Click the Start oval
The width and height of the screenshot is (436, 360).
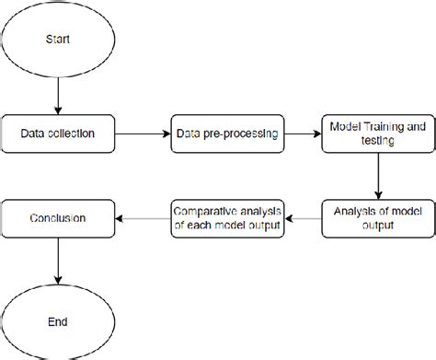click(x=58, y=41)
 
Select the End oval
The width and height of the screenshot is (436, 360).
click(x=58, y=322)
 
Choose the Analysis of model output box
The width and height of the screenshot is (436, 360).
click(x=378, y=217)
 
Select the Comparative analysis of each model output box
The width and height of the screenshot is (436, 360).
click(x=225, y=217)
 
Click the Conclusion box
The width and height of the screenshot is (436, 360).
click(x=58, y=218)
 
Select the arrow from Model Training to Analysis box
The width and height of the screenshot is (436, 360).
click(x=378, y=175)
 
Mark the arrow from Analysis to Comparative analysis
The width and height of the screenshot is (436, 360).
click(x=301, y=218)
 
